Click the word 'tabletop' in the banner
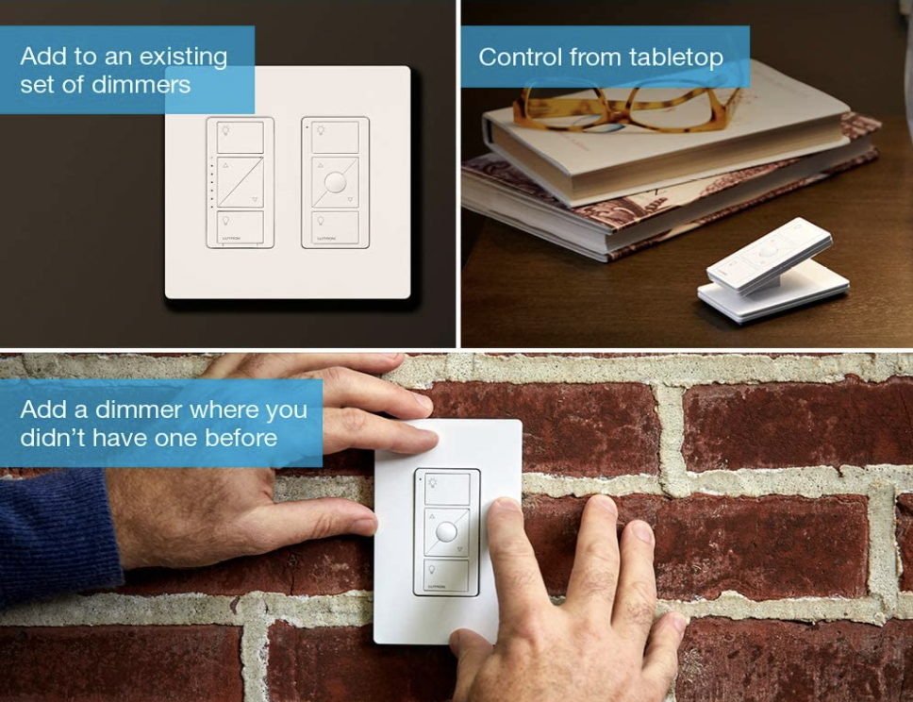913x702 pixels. tap(676, 58)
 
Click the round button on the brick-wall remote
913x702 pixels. tap(447, 532)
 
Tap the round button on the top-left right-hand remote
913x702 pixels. tap(336, 182)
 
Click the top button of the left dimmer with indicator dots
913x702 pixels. tap(240, 137)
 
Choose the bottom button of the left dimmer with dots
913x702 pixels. tap(240, 227)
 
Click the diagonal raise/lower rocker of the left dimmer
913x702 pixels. tap(240, 182)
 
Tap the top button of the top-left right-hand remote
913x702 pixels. tap(336, 138)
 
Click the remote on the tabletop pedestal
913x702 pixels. tap(770, 256)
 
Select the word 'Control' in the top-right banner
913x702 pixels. tap(520, 58)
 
